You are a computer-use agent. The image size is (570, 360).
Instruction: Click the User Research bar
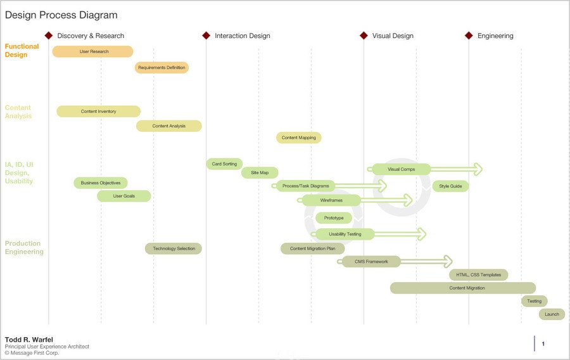pos(92,51)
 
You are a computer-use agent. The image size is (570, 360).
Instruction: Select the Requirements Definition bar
pos(161,68)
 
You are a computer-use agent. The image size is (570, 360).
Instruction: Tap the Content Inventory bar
pos(99,112)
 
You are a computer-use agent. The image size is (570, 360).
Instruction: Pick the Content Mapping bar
pos(299,138)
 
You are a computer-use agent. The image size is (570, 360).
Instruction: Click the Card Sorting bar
pos(224,164)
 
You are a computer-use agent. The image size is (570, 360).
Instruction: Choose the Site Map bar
pos(260,173)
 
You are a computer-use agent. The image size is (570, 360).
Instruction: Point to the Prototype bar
pos(334,218)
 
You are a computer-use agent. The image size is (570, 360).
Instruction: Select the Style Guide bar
pos(450,186)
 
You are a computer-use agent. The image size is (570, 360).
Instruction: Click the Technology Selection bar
pos(174,248)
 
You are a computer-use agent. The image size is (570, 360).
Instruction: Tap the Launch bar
pos(552,314)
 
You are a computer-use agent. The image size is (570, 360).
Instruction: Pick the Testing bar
pos(535,301)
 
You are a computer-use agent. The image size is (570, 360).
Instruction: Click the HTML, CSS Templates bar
pos(478,275)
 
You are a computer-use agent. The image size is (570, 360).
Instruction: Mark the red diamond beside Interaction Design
pos(206,35)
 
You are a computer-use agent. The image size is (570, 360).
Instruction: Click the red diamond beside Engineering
pos(469,35)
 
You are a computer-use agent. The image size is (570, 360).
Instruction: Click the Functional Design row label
pos(22,51)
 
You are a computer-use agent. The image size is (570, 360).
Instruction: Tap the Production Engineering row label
pos(24,248)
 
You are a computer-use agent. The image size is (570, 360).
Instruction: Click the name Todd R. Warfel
pos(28,340)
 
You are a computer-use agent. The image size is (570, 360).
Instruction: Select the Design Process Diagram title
pos(61,15)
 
